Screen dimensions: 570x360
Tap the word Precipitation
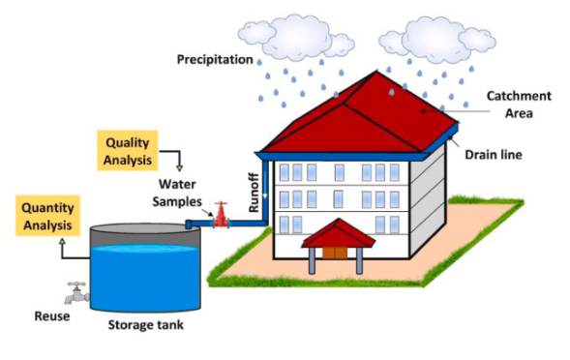click(x=215, y=60)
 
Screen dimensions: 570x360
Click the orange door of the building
click(x=335, y=251)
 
